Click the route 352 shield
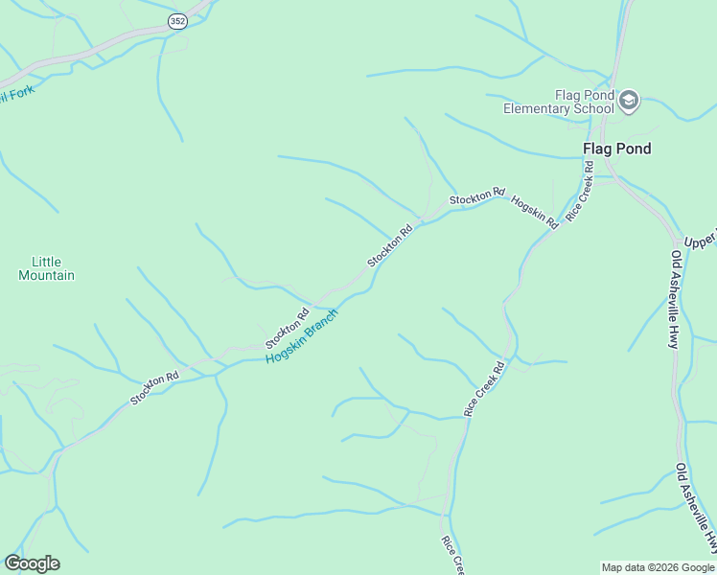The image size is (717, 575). pyautogui.click(x=177, y=21)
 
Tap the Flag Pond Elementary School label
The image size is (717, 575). pyautogui.click(x=559, y=102)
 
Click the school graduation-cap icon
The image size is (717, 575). pyautogui.click(x=629, y=101)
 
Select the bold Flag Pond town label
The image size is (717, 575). pyautogui.click(x=617, y=149)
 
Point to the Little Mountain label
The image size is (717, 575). pyautogui.click(x=46, y=268)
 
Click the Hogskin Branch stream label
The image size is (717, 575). pyautogui.click(x=302, y=335)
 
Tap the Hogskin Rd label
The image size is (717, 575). pyautogui.click(x=535, y=211)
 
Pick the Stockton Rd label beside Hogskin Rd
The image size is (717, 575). pyautogui.click(x=476, y=197)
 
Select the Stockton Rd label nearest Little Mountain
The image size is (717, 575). pyautogui.click(x=155, y=388)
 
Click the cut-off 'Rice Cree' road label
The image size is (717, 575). pyautogui.click(x=452, y=554)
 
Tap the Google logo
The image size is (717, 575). pyautogui.click(x=32, y=563)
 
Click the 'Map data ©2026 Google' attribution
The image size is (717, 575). pyautogui.click(x=658, y=567)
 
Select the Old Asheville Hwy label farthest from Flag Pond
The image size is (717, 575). pyautogui.click(x=697, y=508)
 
